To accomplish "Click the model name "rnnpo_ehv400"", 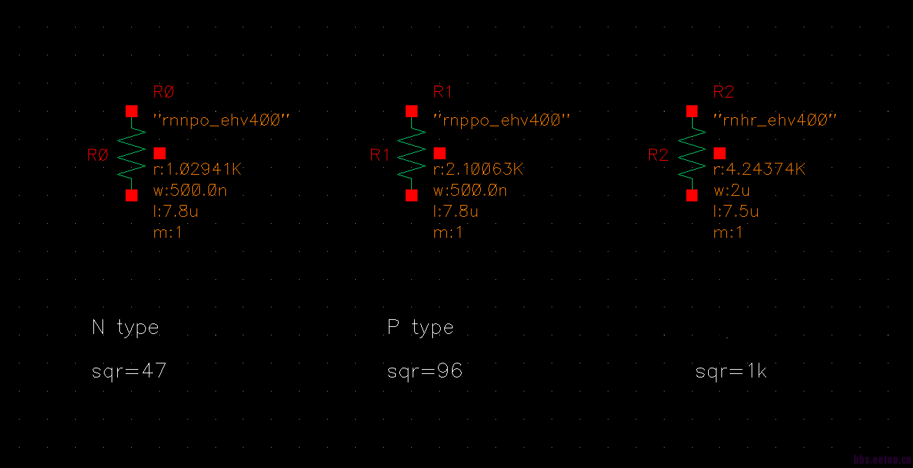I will pyautogui.click(x=221, y=121).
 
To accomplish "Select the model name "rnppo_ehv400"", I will pyautogui.click(x=501, y=121).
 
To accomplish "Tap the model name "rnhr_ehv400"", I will pyautogui.click(x=775, y=121).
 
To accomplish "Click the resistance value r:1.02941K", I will pyautogui.click(x=198, y=170).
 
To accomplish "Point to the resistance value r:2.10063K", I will pyautogui.click(x=479, y=170).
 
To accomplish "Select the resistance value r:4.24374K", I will pyautogui.click(x=759, y=170).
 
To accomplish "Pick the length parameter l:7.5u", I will pyautogui.click(x=736, y=212).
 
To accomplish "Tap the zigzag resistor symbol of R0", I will pyautogui.click(x=131, y=154).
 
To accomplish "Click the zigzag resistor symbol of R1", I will pyautogui.click(x=412, y=154).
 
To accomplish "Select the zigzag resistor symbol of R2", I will pyautogui.click(x=692, y=154).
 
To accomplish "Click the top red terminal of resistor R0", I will pyautogui.click(x=131, y=112).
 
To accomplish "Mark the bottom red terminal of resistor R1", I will pyautogui.click(x=412, y=196).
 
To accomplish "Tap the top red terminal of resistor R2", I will pyautogui.click(x=692, y=112).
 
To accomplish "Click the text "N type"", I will pyautogui.click(x=126, y=328).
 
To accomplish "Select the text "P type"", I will pyautogui.click(x=420, y=328).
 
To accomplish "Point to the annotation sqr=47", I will pyautogui.click(x=129, y=371).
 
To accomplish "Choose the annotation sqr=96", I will pyautogui.click(x=425, y=371).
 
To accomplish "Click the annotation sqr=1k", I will pyautogui.click(x=731, y=371).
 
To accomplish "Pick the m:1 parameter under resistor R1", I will pyautogui.click(x=448, y=233).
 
